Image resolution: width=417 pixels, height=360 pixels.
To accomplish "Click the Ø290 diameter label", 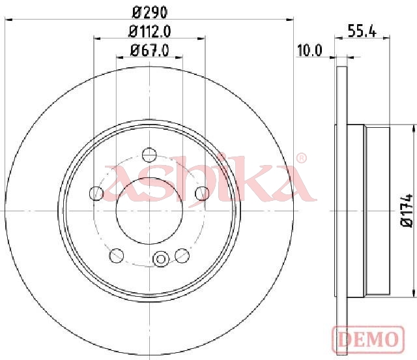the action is pos(150,12).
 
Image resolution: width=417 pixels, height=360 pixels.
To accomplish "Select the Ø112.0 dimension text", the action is pos(149,32).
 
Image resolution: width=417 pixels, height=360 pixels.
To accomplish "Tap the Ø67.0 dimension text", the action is pos(149,50).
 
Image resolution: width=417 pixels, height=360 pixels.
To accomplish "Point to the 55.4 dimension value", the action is pos(362,32).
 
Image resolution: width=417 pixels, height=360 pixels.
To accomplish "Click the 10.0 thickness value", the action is pos(309,50).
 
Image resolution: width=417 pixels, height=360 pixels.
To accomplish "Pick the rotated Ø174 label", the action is pos(407,211).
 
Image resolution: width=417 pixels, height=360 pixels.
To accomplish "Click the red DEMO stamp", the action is pos(369,340).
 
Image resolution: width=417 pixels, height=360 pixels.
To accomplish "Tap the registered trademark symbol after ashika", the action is pos(301,158).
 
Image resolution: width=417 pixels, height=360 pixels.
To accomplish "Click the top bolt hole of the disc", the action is pos(149,155).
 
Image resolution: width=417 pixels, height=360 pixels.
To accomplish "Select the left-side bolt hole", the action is pos(96,193).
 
